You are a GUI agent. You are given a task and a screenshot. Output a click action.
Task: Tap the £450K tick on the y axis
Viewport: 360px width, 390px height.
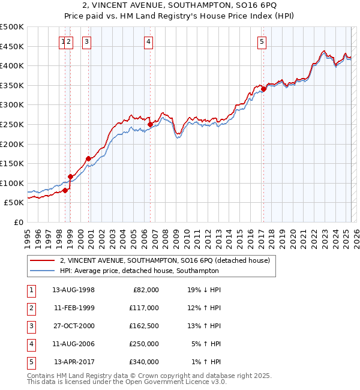13,46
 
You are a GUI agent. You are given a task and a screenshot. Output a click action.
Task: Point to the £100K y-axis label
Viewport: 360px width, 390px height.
13,183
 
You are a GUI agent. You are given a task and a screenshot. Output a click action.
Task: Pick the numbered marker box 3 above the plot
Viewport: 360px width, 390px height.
87,41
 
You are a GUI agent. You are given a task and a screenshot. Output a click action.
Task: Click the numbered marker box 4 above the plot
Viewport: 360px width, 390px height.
148,41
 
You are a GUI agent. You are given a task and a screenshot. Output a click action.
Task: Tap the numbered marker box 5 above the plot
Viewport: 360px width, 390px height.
262,41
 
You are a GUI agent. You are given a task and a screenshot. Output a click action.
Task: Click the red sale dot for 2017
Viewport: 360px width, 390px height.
263,89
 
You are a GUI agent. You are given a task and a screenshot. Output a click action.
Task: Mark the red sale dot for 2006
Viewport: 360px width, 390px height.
150,124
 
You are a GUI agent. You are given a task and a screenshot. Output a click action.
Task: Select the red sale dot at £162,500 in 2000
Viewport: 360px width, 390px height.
89,158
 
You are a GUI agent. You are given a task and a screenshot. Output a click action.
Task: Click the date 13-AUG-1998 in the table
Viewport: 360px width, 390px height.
74,290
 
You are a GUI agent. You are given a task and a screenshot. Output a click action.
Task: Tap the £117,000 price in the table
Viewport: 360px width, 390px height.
144,308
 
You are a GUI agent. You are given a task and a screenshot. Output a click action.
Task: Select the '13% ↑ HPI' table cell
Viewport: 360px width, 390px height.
204,326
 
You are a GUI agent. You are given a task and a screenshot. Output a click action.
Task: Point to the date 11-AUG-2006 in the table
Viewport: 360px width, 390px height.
74,344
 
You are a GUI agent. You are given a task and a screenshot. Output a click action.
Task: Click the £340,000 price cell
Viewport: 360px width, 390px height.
144,362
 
